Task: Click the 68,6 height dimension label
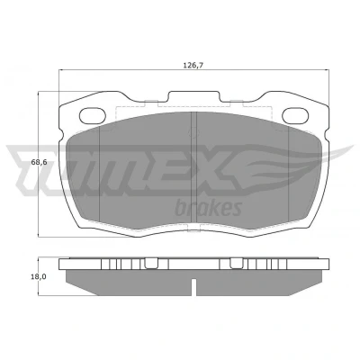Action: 40,162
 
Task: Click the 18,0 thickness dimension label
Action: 38,276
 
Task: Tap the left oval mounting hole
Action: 93,116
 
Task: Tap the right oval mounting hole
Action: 295,116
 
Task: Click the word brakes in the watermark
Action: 209,208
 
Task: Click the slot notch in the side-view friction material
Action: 193,287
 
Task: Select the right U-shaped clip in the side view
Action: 237,263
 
